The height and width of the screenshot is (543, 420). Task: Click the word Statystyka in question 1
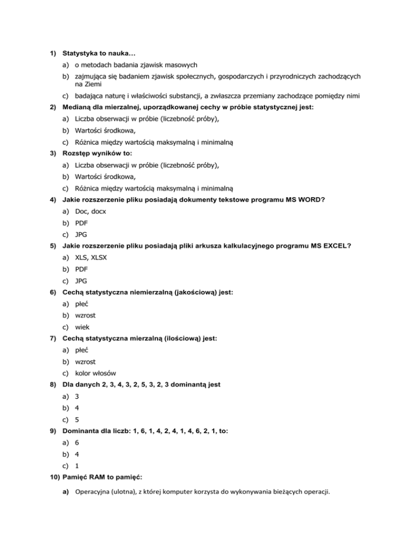tap(80, 54)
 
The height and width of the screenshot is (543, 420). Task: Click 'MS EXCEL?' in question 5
tap(329, 246)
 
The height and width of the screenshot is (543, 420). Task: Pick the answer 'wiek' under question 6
tap(83, 327)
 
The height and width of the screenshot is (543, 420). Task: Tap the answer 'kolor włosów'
tap(95, 373)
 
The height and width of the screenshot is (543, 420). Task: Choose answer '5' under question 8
tap(77, 420)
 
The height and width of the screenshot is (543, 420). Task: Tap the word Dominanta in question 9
tap(83, 430)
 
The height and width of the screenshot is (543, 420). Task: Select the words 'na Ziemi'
tap(88, 85)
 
